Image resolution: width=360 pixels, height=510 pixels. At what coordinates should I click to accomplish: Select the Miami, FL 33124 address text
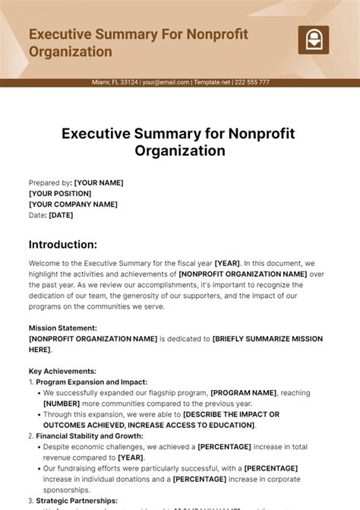[115, 82]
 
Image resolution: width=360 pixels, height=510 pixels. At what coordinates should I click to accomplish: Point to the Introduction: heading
[63, 245]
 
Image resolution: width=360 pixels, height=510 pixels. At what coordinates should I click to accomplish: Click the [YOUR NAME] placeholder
[99, 182]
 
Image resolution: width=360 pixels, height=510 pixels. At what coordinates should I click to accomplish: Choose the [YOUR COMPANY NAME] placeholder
[73, 204]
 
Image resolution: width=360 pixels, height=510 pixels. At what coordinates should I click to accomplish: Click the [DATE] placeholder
[61, 215]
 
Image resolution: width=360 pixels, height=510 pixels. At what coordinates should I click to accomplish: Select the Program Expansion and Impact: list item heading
[91, 382]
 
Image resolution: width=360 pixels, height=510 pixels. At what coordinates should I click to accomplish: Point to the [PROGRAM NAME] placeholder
[244, 393]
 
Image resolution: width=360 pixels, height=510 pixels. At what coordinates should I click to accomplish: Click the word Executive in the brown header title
[60, 35]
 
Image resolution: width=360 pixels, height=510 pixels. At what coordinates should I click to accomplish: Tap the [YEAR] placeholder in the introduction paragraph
[229, 263]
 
